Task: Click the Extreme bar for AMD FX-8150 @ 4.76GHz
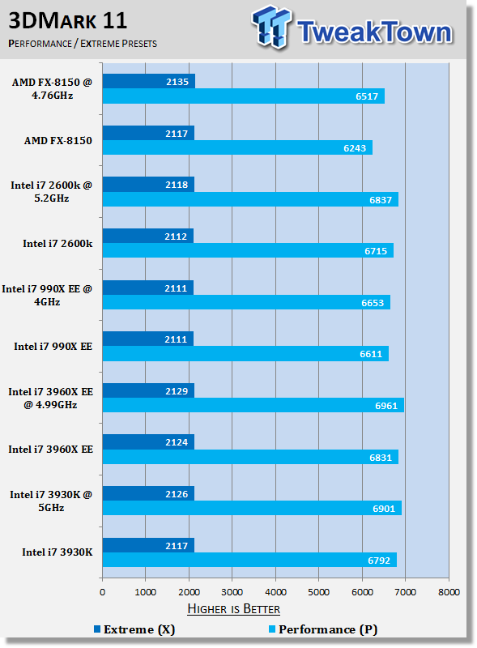point(149,82)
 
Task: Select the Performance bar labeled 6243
point(237,147)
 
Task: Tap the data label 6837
point(381,200)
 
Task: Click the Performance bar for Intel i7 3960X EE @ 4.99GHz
point(253,405)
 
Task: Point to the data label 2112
point(176,237)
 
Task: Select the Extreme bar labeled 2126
point(148,493)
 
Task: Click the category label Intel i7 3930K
point(57,552)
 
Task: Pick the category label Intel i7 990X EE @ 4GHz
point(47,295)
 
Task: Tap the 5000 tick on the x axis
point(319,592)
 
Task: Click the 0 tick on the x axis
point(103,592)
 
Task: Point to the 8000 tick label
point(449,592)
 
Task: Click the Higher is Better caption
point(233,609)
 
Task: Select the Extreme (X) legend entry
point(134,629)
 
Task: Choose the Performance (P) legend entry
point(323,629)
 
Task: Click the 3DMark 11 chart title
point(68,21)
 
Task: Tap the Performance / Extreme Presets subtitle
point(83,44)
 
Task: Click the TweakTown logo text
point(374,32)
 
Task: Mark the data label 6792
point(379,561)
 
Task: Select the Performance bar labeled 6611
point(245,354)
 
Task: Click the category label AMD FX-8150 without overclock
point(57,140)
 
